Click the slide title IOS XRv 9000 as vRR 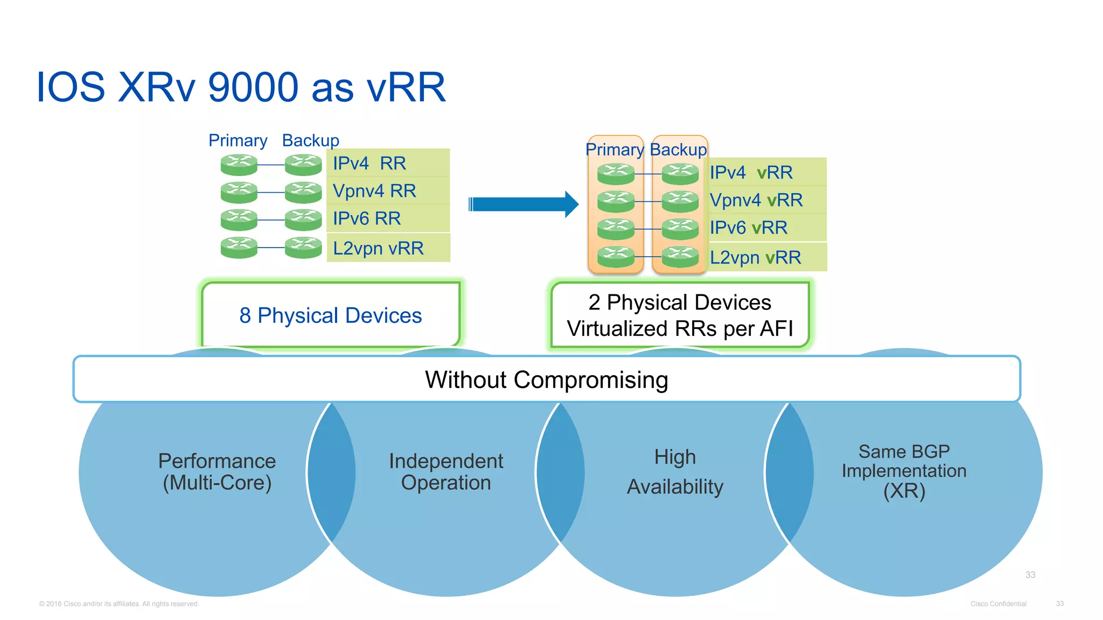coord(241,87)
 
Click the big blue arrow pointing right coord(523,205)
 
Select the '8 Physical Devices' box coord(330,315)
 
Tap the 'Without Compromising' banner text coord(546,380)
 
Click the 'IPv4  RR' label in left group coord(369,163)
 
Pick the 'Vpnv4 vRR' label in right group coord(756,200)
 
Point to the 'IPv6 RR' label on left coord(366,219)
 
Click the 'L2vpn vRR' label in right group coord(755,258)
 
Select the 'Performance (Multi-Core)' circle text coord(217,472)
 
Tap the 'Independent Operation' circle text coord(446,472)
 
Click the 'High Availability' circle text coord(675,472)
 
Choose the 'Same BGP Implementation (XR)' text coord(904,471)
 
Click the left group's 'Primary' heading coord(238,140)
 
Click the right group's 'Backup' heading coord(678,150)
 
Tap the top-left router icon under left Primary coord(239,165)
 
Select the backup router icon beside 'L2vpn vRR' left coord(303,248)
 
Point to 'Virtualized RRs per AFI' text coord(680,329)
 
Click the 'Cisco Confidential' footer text coord(998,604)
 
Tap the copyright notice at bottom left coord(119,604)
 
